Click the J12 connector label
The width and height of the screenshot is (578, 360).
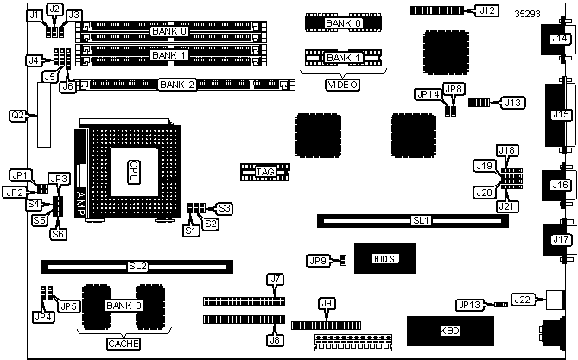coord(486,10)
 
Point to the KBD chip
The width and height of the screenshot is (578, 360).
coord(451,331)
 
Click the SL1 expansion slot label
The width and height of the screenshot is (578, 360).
coord(421,221)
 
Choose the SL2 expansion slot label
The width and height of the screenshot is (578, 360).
coord(137,267)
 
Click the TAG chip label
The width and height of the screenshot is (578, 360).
coord(265,172)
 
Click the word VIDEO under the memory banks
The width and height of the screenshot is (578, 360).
coord(342,85)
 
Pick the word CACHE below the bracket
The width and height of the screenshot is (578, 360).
coord(122,344)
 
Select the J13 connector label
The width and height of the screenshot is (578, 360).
coord(513,103)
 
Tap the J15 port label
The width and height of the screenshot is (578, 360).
coord(560,114)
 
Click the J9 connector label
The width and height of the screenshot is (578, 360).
coord(326,302)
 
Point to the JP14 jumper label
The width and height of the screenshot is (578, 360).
coord(427,93)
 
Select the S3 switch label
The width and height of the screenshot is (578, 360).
coord(225,208)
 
